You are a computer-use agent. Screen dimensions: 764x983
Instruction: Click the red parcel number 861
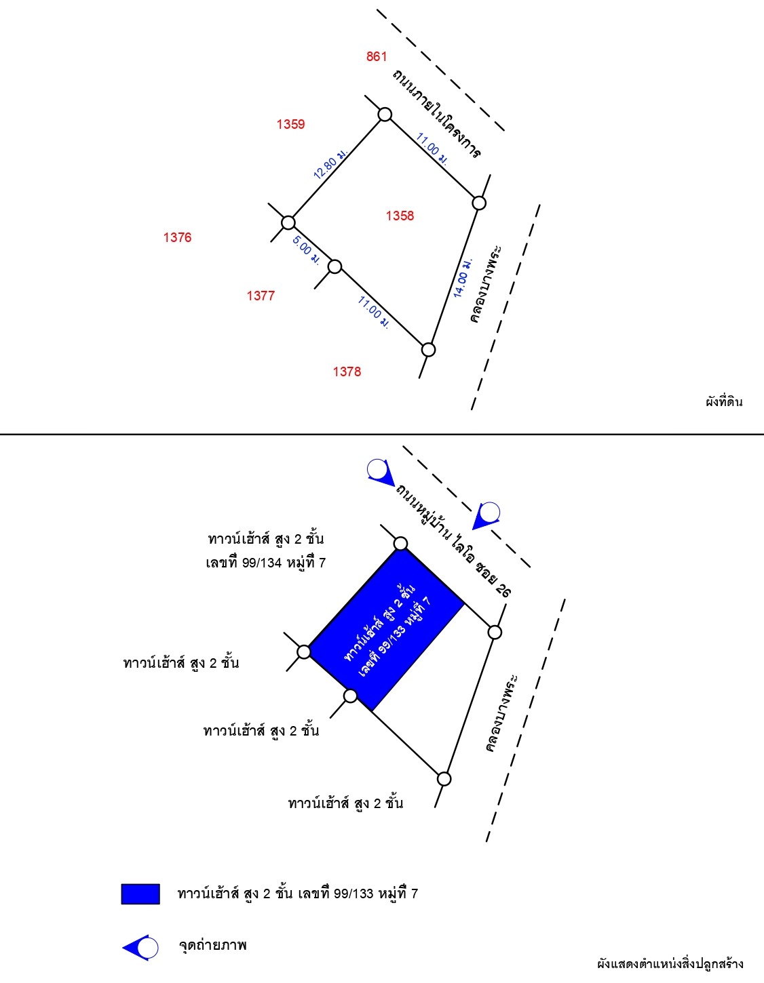pos(377,56)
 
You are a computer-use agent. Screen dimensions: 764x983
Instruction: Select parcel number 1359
pos(290,124)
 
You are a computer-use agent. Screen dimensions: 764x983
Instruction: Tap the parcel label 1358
pos(400,216)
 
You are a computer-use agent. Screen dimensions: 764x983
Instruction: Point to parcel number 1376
pos(177,237)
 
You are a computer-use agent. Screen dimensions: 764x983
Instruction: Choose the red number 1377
pos(261,296)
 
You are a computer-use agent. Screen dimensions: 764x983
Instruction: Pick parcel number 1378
pos(347,372)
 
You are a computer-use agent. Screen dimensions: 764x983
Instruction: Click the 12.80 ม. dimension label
pos(330,163)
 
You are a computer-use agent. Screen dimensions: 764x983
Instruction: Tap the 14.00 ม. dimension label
pos(463,278)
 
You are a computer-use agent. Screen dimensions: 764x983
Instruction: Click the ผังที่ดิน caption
pos(724,402)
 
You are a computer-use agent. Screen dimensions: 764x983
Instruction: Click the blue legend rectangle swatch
pos(140,894)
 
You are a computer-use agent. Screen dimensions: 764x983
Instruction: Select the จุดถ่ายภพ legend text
pos(213,945)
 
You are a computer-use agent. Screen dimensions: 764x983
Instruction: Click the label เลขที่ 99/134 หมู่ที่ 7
pos(266,563)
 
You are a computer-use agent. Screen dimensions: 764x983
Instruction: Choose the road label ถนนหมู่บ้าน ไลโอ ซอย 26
pos(453,541)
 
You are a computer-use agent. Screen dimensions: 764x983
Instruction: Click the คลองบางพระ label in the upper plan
pos(486,284)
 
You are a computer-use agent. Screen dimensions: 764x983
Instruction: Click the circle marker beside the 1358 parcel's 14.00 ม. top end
pos(479,203)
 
